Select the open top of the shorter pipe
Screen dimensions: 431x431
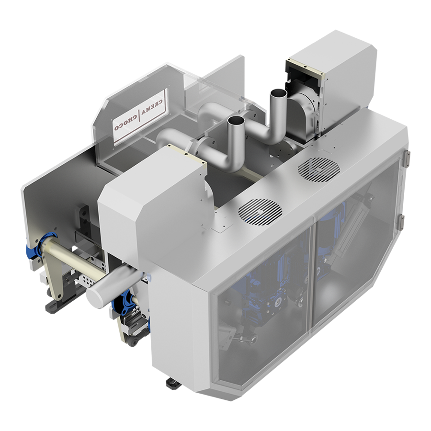[x=237, y=120]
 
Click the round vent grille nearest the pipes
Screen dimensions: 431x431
[x=260, y=212]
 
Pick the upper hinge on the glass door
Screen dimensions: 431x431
[x=407, y=159]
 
